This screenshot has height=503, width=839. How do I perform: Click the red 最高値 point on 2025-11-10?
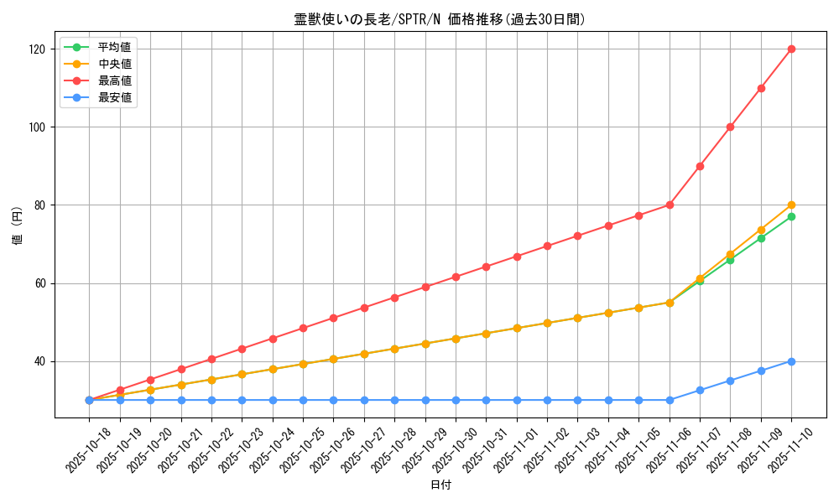791,49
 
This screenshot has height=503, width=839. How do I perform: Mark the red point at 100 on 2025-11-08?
730,127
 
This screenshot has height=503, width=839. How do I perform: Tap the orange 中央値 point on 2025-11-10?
791,205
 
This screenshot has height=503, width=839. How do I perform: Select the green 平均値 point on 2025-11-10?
791,216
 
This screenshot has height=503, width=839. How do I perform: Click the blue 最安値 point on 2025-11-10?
791,361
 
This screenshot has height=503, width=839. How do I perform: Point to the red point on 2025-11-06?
670,205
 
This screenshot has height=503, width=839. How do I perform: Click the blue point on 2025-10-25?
303,400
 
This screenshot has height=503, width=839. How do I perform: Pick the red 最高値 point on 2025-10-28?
394,298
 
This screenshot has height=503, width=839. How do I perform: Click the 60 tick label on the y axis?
41,283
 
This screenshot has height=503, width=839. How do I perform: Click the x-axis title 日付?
440,485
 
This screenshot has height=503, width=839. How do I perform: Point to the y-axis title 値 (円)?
18,226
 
